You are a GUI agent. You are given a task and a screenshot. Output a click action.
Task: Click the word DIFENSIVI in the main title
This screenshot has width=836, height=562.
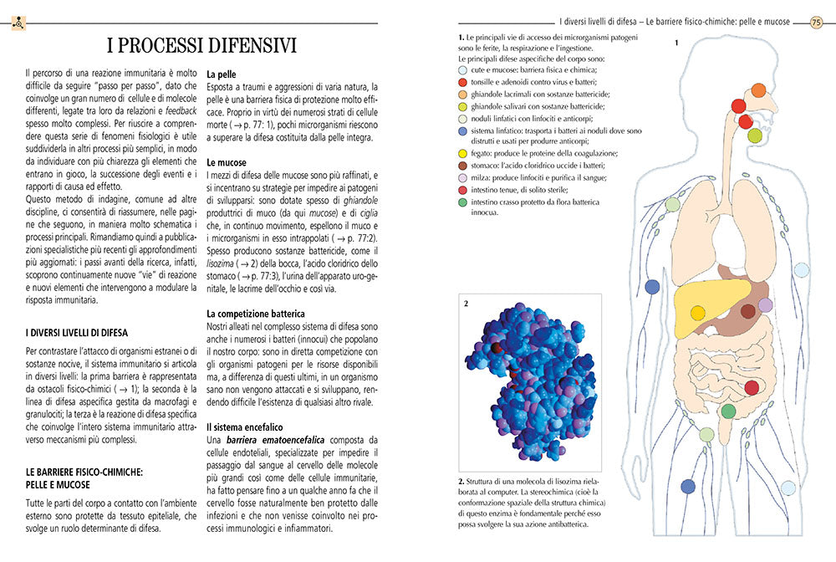pyautogui.click(x=242, y=45)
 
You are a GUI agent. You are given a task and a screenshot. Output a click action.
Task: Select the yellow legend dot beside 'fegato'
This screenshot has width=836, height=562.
pyautogui.click(x=464, y=154)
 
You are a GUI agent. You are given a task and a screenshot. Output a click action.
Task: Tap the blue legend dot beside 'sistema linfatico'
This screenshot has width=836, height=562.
pyautogui.click(x=464, y=130)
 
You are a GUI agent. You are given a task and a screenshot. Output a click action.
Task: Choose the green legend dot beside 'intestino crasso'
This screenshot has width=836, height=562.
pyautogui.click(x=464, y=202)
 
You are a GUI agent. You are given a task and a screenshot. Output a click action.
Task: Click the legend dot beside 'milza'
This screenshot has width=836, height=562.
pyautogui.click(x=464, y=178)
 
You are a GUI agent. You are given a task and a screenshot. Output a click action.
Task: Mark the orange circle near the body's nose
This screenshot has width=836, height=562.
pyautogui.click(x=758, y=90)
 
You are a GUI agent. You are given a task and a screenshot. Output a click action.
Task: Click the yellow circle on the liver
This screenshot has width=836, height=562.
pyautogui.click(x=697, y=313)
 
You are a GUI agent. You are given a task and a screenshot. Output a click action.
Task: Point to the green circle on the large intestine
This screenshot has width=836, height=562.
pyautogui.click(x=728, y=411)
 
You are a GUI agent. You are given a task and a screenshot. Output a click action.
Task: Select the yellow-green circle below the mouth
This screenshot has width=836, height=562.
pyautogui.click(x=754, y=135)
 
